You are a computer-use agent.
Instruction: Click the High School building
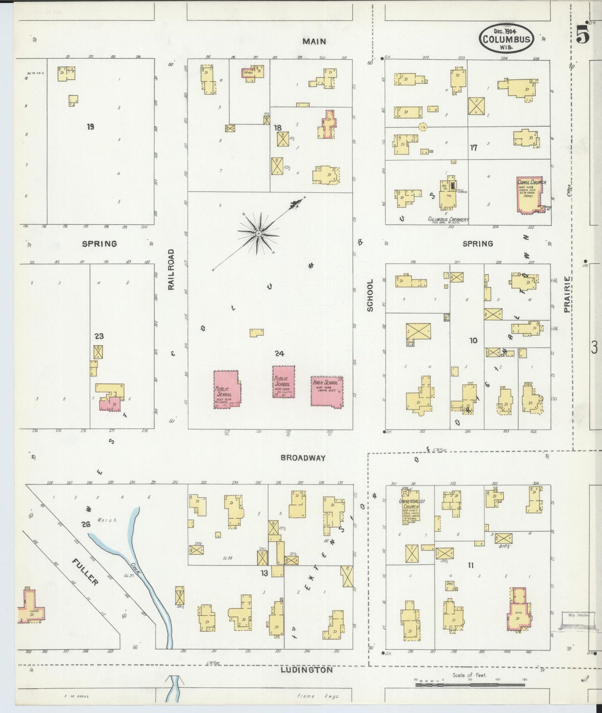tap(327, 391)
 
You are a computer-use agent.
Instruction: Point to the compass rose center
tap(259, 233)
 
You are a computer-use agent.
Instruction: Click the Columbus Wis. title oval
tap(506, 38)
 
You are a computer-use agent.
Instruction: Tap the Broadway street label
tap(303, 457)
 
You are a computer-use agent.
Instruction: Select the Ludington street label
tap(307, 670)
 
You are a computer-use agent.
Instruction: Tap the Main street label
tap(314, 41)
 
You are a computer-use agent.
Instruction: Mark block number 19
tap(90, 127)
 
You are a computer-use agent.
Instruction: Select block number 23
tap(99, 336)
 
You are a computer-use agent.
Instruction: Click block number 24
tap(279, 354)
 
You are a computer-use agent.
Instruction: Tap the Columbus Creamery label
tap(448, 219)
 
